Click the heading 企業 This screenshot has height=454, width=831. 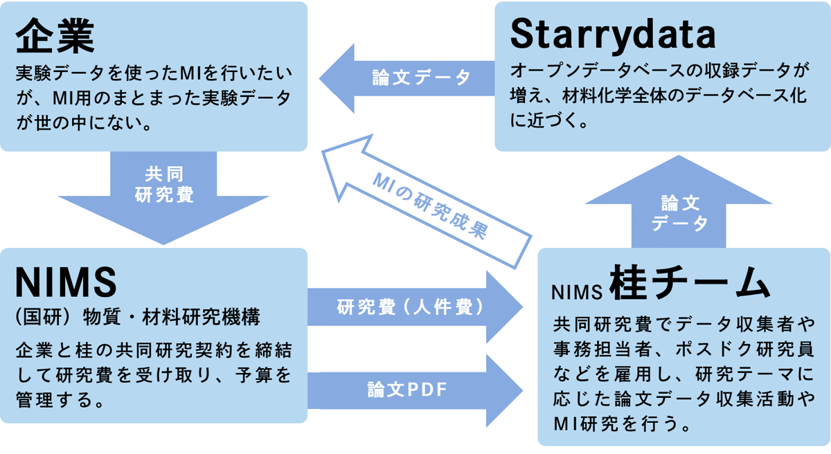coord(55,35)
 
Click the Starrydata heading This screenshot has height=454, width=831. coord(613,34)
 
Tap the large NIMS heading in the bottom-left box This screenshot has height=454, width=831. coord(66,282)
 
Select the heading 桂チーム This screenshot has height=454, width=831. coord(690,282)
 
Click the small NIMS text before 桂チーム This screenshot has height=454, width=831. coord(577,293)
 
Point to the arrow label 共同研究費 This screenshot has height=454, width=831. coord(164,185)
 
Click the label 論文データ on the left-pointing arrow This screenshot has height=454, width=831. coord(421,78)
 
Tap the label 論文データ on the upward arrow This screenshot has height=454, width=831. coord(679,213)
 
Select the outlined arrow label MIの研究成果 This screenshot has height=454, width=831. coord(430,206)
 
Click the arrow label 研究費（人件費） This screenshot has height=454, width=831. coord(410,307)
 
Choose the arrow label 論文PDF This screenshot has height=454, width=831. coord(407,390)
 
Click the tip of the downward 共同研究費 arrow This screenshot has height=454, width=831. coord(163,244)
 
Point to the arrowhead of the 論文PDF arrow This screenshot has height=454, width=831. coord(523,390)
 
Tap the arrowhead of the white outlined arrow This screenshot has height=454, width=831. coord(322,151)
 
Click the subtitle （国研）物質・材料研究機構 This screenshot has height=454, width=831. coord(138,317)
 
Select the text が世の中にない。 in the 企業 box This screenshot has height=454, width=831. coord(84,122)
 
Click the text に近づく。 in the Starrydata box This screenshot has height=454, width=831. coord(548,120)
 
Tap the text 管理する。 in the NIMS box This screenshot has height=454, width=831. coord(60,399)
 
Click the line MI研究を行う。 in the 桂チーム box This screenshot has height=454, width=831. coord(622,424)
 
